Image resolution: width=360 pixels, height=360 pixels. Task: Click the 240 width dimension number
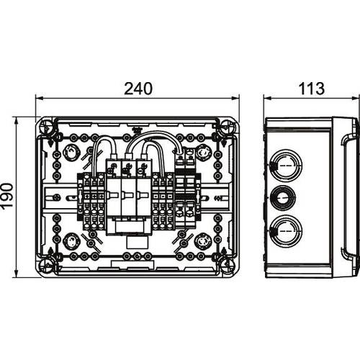pyautogui.click(x=138, y=89)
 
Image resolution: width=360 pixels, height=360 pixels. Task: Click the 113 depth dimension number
pyautogui.click(x=312, y=89)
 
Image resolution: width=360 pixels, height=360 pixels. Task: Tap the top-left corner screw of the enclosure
pyautogui.click(x=45, y=126)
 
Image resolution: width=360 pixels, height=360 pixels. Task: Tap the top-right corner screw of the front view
pyautogui.click(x=228, y=126)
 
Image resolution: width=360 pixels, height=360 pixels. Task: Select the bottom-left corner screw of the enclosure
pyautogui.click(x=45, y=265)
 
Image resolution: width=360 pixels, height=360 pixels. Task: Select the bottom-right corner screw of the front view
pyautogui.click(x=228, y=265)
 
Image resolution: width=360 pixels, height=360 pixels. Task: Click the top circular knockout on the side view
pyautogui.click(x=286, y=166)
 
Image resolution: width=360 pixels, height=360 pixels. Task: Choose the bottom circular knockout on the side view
pyautogui.click(x=286, y=230)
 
